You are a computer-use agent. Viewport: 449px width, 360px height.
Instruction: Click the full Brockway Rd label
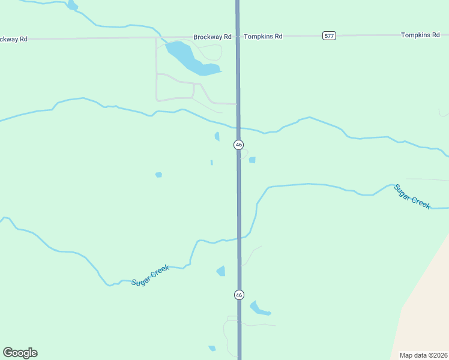pos(212,37)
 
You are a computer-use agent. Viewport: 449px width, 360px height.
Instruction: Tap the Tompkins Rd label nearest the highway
pos(263,37)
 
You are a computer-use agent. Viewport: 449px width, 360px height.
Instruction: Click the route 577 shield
pos(329,36)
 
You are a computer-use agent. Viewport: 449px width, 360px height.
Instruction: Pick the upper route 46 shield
pos(239,145)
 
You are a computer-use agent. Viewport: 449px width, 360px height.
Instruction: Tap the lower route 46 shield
pos(239,295)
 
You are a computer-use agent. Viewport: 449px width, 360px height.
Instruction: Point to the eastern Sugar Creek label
pos(412,197)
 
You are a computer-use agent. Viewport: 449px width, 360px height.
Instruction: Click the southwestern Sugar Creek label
pos(150,275)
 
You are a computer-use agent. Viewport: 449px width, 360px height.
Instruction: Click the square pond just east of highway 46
pos(252,160)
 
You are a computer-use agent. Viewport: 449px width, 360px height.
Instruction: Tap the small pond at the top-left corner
pos(73,6)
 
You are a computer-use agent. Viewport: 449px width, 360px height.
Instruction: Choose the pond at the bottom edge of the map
pos(212,348)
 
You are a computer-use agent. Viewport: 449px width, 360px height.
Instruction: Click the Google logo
pos(20,353)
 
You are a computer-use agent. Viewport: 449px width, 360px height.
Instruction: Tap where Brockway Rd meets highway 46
pos(238,37)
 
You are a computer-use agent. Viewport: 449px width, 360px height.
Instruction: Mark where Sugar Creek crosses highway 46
pos(239,238)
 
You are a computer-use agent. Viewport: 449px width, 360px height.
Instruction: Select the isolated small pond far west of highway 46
pos(158,175)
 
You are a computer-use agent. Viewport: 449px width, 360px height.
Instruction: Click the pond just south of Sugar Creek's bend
pos(221,271)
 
